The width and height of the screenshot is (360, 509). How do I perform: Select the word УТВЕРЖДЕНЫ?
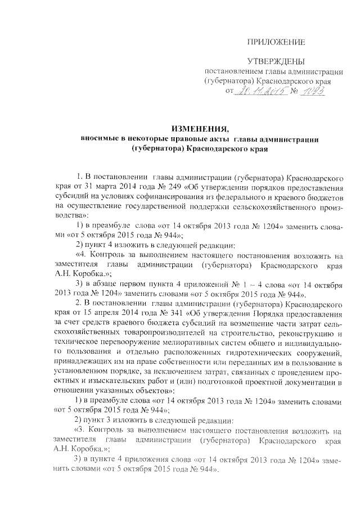pyautogui.click(x=276, y=60)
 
